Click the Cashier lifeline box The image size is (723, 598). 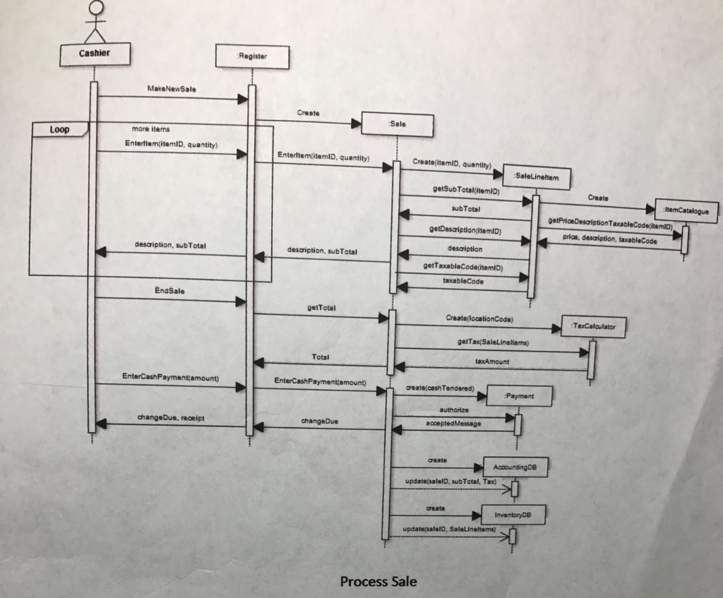tap(93, 54)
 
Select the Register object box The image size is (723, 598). tap(252, 56)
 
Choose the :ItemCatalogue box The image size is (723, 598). tap(686, 210)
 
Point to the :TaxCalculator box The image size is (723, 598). tap(592, 327)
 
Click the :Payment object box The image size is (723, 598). tap(519, 396)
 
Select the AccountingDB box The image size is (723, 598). tap(515, 467)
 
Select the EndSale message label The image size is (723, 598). tap(167, 290)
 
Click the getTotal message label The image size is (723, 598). tap(321, 308)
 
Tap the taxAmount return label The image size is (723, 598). tap(491, 361)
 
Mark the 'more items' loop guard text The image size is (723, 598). tap(150, 129)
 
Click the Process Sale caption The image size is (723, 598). tap(378, 581)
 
